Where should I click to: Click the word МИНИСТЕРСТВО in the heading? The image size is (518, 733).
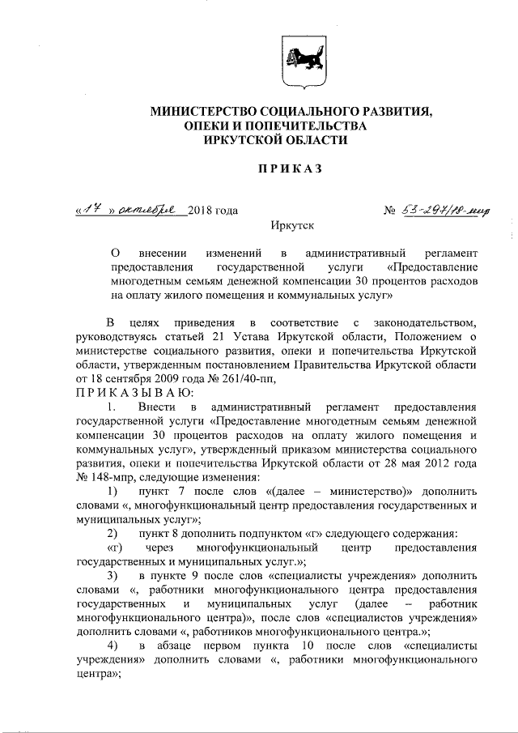pyautogui.click(x=199, y=111)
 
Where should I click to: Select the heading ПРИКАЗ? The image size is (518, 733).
pyautogui.click(x=291, y=168)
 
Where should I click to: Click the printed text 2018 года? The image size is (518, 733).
pyautogui.click(x=212, y=211)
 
